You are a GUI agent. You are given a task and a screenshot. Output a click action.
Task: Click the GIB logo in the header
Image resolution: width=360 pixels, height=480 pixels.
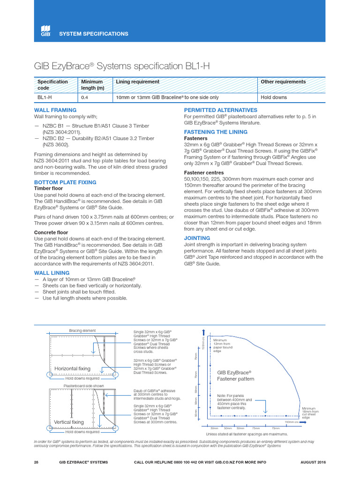pos(45,30)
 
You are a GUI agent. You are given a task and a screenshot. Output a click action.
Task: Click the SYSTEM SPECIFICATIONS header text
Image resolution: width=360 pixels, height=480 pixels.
pos(93,34)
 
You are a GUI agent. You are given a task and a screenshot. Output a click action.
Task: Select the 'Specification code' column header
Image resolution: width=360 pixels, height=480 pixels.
pos(52,85)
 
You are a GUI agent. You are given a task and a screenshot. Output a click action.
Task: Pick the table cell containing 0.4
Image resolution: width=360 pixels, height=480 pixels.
pos(85,97)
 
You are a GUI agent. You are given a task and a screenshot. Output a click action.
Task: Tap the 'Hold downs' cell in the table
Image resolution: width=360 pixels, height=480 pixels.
pos(274,97)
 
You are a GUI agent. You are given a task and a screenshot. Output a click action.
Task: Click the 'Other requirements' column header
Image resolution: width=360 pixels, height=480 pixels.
pos(283,82)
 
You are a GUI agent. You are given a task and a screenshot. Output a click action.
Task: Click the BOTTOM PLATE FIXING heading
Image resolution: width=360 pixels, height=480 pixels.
pos(65,182)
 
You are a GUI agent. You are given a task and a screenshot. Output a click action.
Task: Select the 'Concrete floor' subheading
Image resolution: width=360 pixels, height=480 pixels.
pos(51,232)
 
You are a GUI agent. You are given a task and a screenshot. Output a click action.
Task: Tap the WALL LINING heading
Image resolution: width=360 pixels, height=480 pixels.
pos(52,272)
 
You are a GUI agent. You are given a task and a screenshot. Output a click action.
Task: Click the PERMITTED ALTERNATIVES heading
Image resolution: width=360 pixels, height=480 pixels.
pos(220,110)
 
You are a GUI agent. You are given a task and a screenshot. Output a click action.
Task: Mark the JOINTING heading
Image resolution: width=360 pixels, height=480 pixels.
pos(197,238)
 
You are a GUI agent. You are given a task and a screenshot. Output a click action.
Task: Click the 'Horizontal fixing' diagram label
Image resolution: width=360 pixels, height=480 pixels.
pos(73,368)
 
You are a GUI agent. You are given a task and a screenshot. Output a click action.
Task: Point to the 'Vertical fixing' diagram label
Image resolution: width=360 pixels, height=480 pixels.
pos(69,422)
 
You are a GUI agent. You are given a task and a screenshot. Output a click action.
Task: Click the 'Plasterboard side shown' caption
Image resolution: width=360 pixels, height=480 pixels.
pos(83,386)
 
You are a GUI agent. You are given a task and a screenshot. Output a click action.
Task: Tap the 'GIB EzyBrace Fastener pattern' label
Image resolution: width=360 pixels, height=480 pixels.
pos(235,375)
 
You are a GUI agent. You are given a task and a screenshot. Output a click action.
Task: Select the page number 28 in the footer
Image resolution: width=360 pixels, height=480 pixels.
pos(37,462)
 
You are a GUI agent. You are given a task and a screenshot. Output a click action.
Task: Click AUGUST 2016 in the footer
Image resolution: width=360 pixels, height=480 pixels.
pos(313,462)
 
